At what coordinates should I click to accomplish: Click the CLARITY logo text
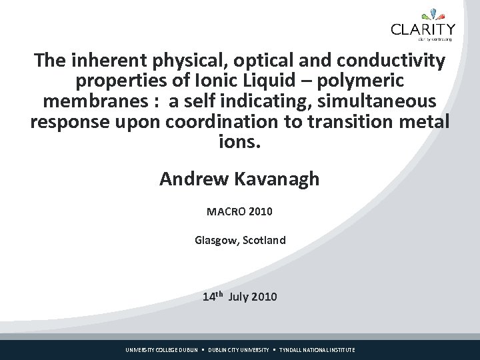click(x=423, y=29)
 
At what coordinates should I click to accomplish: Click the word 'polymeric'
click(x=357, y=82)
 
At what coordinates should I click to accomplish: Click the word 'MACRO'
click(x=225, y=212)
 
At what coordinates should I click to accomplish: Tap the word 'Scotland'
click(x=264, y=239)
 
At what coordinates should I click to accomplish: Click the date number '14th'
click(x=213, y=297)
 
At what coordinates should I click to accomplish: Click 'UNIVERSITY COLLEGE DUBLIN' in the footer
click(x=162, y=350)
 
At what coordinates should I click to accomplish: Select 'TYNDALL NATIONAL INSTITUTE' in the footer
click(x=317, y=350)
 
